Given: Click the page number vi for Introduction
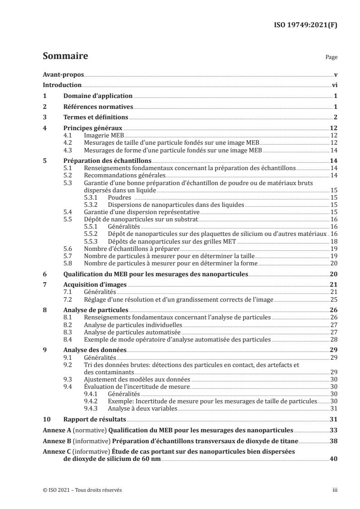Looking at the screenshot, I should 334,85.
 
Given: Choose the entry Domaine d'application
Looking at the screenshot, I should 97,96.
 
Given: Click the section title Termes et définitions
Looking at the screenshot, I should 95,118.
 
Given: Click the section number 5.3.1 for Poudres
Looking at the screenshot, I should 93,198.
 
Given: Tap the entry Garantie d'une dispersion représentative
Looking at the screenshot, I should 142,212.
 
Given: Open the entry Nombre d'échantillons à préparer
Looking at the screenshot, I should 132,249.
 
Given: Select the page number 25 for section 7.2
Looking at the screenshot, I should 333,300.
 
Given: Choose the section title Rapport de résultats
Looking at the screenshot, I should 94,420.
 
